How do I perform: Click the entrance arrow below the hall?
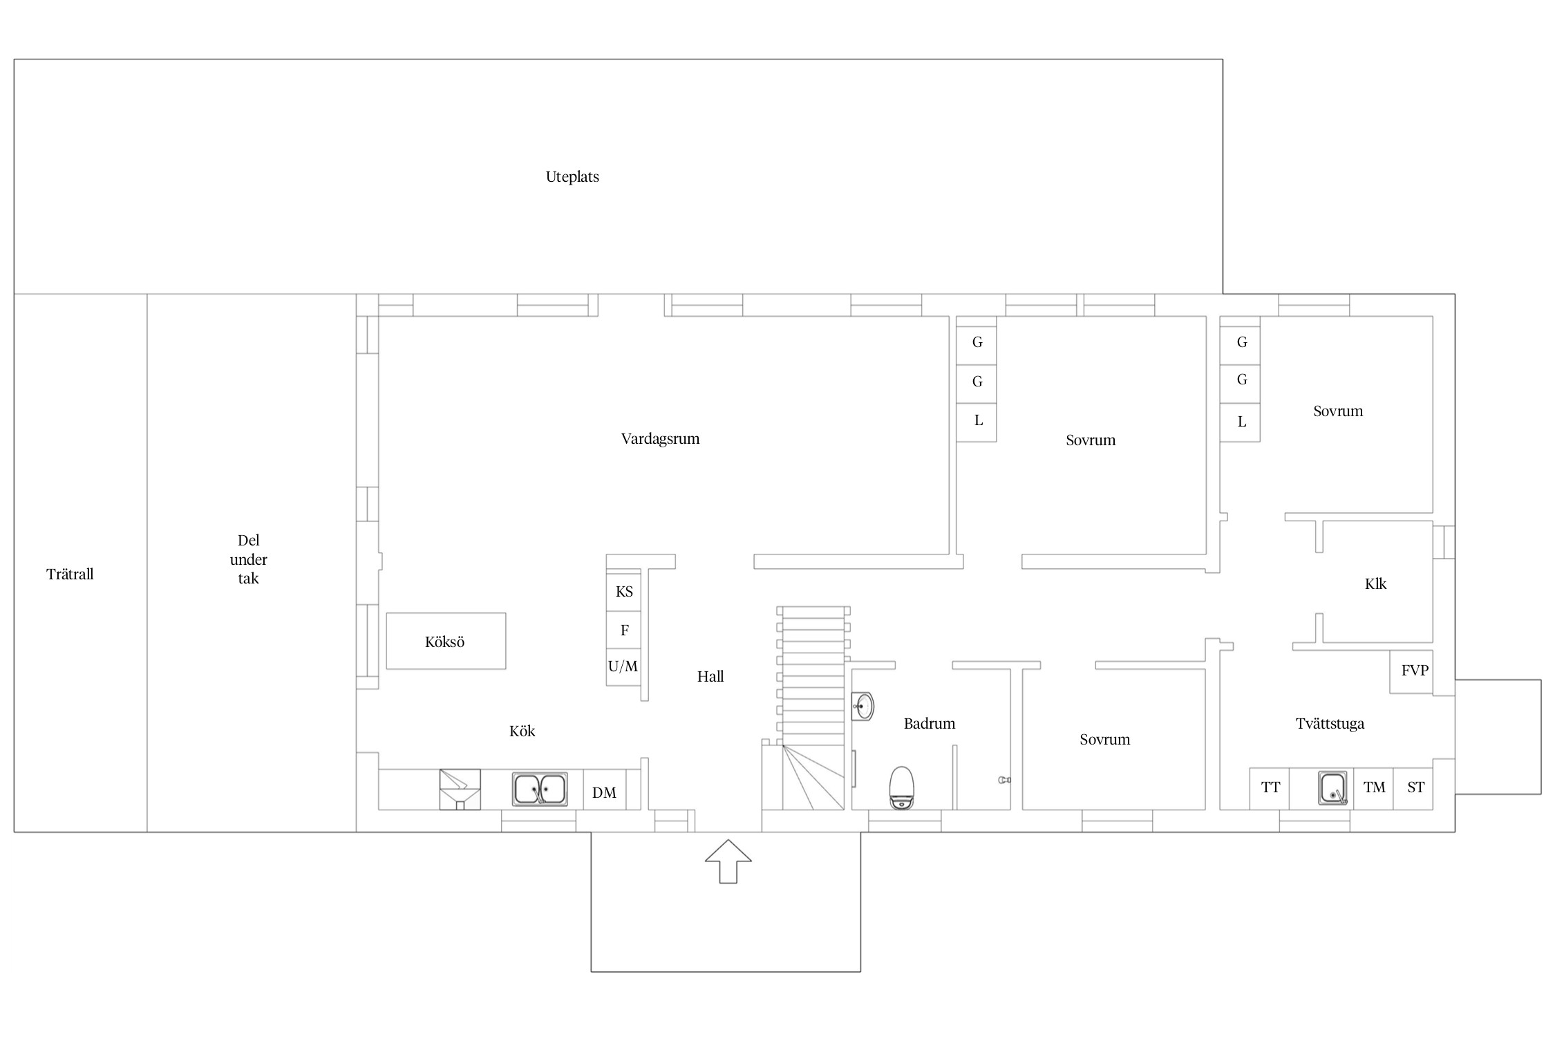click(x=728, y=861)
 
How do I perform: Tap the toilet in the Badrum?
click(x=902, y=787)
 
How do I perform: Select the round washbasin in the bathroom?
click(x=863, y=707)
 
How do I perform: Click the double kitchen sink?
click(x=540, y=790)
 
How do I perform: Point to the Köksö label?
click(x=444, y=642)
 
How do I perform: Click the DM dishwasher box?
click(x=605, y=790)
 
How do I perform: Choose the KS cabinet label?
click(x=624, y=592)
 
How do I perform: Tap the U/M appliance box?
click(x=623, y=667)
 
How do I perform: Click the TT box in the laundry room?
click(x=1270, y=788)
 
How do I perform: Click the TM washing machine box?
click(x=1373, y=788)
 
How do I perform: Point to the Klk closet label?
click(x=1375, y=584)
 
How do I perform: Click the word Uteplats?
click(x=572, y=177)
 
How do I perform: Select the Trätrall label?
click(x=70, y=574)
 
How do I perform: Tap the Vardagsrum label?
click(x=660, y=439)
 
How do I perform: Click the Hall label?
click(x=710, y=677)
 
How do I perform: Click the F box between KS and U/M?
click(x=623, y=630)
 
